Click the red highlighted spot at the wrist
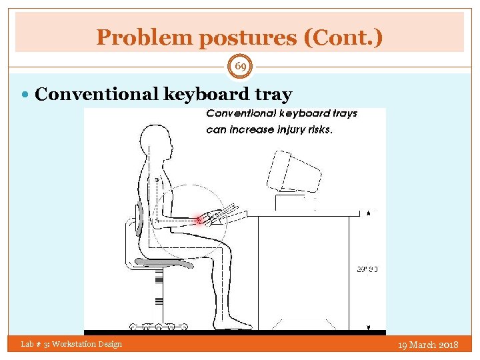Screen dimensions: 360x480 (x=198, y=219)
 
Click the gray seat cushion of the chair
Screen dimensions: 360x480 (x=163, y=263)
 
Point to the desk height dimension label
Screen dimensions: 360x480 (x=367, y=269)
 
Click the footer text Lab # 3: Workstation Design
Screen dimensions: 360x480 (x=71, y=344)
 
